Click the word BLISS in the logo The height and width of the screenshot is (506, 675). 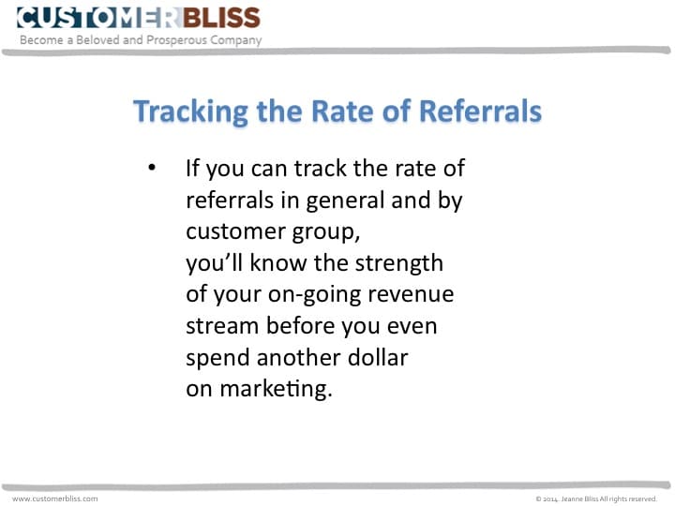[x=221, y=18]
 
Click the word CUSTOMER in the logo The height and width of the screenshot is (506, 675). [x=99, y=18]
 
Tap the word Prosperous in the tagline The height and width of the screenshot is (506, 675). [x=177, y=40]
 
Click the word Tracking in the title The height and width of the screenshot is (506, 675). [x=190, y=112]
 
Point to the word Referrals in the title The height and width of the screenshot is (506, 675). [x=480, y=111]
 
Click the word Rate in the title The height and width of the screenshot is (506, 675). [x=343, y=111]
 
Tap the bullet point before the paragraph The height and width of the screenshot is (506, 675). [x=152, y=167]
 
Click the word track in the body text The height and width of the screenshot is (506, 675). [x=321, y=168]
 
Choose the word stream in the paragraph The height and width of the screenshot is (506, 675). [x=222, y=326]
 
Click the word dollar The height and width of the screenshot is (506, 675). [x=378, y=357]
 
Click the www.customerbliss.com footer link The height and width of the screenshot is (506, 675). [x=55, y=499]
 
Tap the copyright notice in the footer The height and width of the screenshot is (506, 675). [x=596, y=499]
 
